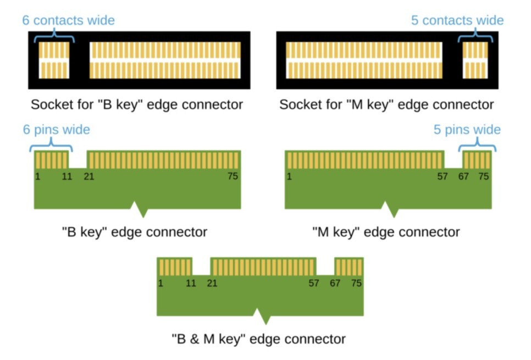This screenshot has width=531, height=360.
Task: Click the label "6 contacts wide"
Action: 68,21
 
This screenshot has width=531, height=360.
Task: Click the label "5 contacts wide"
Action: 457,21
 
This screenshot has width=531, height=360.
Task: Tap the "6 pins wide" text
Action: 56,130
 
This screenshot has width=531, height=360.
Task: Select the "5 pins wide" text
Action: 467,130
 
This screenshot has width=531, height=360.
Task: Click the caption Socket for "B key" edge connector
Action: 136,104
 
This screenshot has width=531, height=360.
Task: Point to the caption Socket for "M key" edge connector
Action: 386,104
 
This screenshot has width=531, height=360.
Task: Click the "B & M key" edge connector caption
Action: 258,339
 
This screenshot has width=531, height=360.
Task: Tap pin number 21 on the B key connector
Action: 88,176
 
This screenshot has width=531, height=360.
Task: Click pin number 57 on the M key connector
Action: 442,176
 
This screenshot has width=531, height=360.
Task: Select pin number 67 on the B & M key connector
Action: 335,283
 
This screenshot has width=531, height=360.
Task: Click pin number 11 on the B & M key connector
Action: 191,283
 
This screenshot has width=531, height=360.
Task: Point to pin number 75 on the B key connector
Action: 233,176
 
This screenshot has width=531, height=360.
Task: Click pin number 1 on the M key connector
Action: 289,176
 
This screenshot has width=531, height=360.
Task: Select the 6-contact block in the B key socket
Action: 54,60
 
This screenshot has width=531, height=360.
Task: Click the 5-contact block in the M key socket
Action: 475,60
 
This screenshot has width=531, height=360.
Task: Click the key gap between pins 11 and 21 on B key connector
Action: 79,160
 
